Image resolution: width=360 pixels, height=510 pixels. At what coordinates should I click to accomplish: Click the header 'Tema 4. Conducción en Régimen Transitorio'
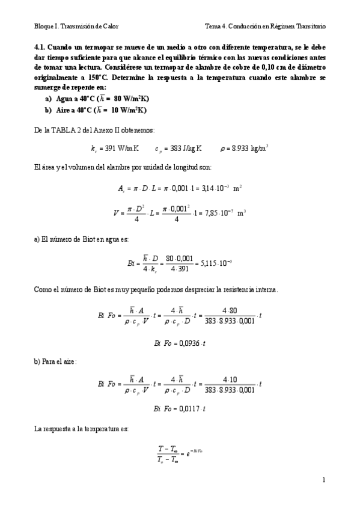coord(265,26)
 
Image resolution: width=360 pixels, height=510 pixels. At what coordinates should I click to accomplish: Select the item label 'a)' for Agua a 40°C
coord(48,98)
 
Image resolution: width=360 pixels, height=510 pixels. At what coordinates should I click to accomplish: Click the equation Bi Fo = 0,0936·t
coord(180,343)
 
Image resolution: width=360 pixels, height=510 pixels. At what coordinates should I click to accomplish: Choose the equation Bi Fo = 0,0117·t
coord(180,409)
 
